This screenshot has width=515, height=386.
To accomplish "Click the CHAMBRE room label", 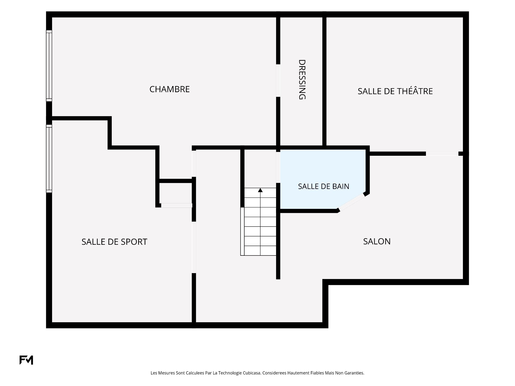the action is coord(170,89).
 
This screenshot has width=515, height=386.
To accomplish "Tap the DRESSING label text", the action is coord(302,80).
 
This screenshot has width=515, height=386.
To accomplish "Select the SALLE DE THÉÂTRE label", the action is coord(395,91).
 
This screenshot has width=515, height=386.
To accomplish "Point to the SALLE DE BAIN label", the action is coord(323,186).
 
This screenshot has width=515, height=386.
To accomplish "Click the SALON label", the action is coord(377,242).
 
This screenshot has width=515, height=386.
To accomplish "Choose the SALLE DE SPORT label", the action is coord(114,242).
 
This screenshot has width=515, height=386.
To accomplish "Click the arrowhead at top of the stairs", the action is coord(260,190).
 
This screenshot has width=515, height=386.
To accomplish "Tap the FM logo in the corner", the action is coord(26,360).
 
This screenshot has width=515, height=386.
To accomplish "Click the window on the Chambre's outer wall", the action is coord(49,66).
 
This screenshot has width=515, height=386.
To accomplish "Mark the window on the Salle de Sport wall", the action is coord(49,158).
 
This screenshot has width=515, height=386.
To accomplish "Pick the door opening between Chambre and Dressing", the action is coord(278,80).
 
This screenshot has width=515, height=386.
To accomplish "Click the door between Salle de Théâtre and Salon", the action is coord(442,154).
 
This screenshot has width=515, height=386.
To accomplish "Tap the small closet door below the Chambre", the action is coord(176,205).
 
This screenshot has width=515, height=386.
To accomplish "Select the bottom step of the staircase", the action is coord(260,251).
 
